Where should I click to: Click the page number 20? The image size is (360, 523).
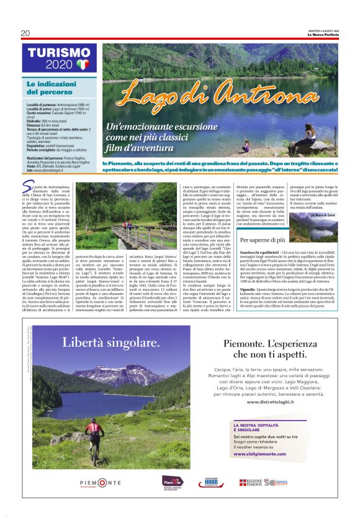point(25,33)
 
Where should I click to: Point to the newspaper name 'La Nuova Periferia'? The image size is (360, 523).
point(323,34)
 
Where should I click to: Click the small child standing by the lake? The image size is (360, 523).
point(263,147)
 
